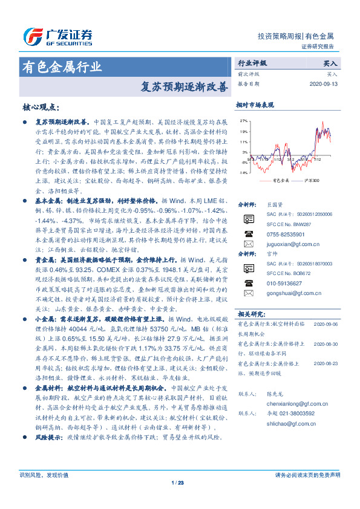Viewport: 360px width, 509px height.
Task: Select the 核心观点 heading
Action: (x=41, y=107)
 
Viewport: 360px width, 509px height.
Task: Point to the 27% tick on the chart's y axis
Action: (x=243, y=120)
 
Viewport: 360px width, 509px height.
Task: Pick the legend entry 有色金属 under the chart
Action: (x=281, y=181)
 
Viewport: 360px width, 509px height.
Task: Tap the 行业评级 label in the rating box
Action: (x=252, y=63)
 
